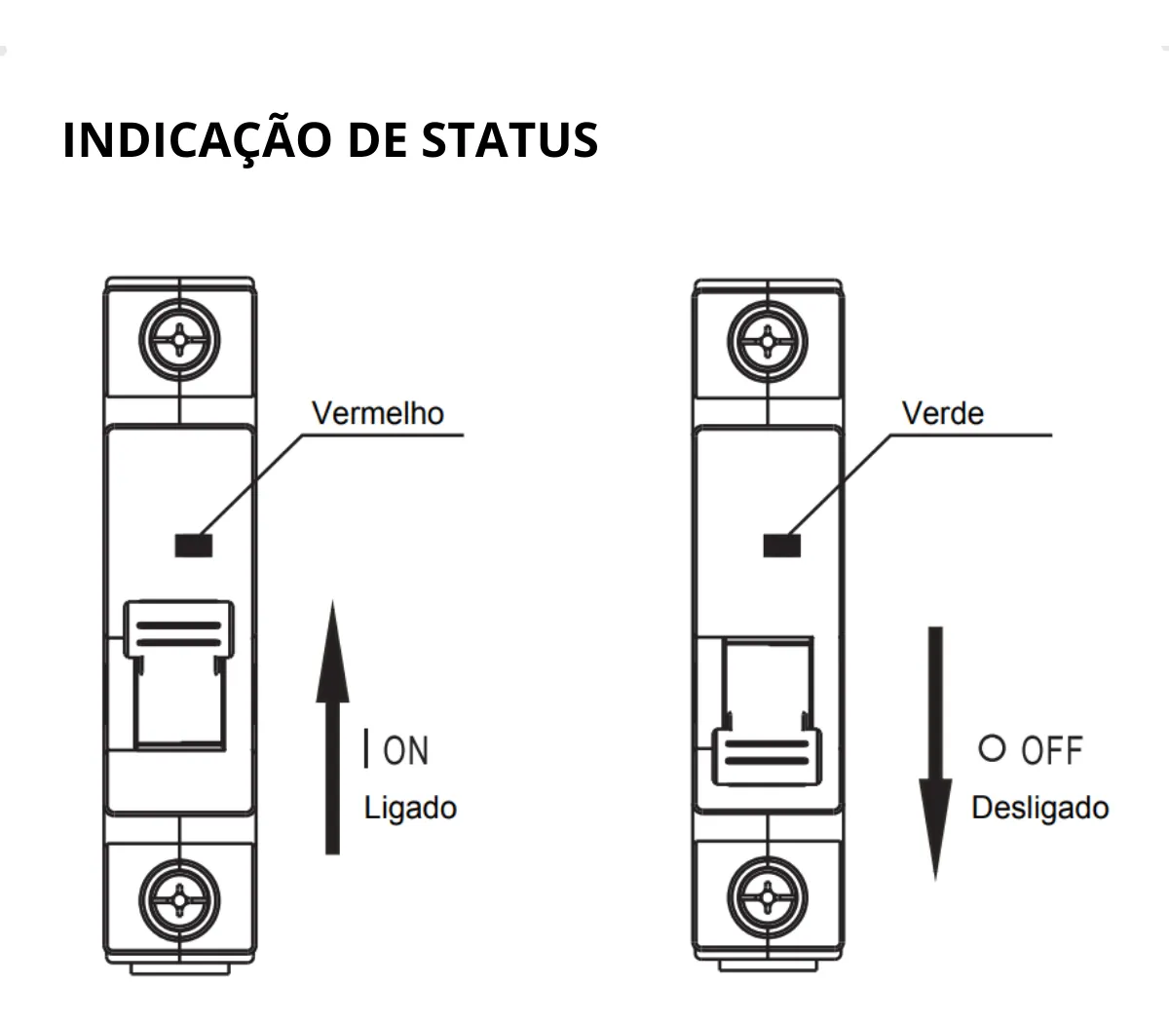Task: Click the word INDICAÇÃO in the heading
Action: coord(197,139)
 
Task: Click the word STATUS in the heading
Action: coord(509,140)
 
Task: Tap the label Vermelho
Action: coord(378,413)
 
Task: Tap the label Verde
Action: coord(943,413)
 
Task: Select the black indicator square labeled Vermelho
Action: coord(193,546)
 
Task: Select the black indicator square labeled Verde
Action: coord(781,546)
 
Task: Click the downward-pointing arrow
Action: coord(935,753)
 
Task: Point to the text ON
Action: coord(405,750)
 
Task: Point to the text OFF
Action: coord(1052,750)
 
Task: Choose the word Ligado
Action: coord(410,808)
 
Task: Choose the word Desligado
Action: coord(1039,808)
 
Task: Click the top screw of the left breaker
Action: coord(179,339)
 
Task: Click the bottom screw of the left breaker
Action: coord(179,900)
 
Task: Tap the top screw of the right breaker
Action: coord(768,341)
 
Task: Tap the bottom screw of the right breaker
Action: coord(768,898)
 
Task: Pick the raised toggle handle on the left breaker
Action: coord(179,628)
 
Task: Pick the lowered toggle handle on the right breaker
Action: coord(767,755)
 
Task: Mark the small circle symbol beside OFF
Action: coord(992,747)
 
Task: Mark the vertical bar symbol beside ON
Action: coord(366,748)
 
